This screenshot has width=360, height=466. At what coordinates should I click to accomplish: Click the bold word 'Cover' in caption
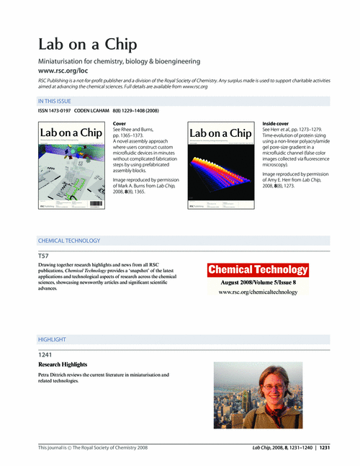click(120, 124)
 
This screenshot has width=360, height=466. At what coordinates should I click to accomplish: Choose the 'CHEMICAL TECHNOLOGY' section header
click(69, 240)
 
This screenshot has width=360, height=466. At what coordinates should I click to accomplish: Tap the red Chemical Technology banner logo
click(258, 270)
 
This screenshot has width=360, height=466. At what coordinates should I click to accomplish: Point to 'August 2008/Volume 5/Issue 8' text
click(258, 283)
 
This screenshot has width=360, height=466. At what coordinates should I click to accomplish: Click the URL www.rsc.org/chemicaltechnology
click(258, 293)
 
